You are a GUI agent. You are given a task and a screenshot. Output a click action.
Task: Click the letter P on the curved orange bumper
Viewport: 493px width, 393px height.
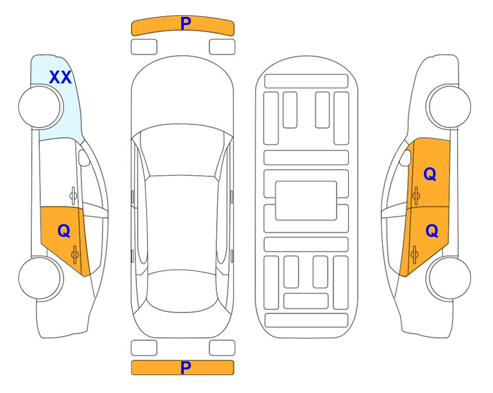point(186,23)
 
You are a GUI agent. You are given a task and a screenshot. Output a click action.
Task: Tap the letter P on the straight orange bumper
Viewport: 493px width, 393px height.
point(186,367)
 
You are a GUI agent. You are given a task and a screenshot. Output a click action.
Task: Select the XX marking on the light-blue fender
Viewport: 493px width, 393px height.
point(60,77)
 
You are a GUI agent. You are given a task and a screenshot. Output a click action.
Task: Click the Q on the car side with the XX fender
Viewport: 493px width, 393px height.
point(64,231)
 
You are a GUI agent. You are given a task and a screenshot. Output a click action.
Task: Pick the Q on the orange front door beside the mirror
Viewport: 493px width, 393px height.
point(430,174)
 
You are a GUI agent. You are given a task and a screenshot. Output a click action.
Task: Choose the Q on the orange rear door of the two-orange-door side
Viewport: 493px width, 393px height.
point(432,231)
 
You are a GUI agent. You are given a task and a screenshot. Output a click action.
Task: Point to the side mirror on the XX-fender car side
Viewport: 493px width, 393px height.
point(83,158)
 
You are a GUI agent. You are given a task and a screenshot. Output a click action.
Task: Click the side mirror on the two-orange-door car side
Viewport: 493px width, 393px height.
point(405,158)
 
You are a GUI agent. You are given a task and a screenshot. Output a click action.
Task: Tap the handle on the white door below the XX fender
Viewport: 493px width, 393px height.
point(73,196)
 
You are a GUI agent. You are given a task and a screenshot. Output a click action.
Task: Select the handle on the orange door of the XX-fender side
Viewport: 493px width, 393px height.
point(75,255)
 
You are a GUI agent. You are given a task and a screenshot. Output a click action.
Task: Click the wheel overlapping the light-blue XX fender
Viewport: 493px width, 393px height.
point(40,106)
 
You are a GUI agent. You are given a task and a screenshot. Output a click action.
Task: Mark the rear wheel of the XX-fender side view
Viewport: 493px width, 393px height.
point(40,278)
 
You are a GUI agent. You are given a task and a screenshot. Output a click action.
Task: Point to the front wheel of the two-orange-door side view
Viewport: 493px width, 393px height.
point(448,106)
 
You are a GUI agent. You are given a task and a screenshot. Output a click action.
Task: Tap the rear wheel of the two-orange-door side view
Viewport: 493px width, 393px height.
point(448,278)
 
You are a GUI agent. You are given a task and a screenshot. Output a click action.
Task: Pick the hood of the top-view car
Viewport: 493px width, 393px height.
point(182,94)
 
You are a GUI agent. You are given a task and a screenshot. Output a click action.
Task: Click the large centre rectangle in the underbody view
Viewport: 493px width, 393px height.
point(306,201)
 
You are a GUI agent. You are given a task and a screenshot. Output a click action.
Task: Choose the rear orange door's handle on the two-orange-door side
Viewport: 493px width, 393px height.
point(414,255)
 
